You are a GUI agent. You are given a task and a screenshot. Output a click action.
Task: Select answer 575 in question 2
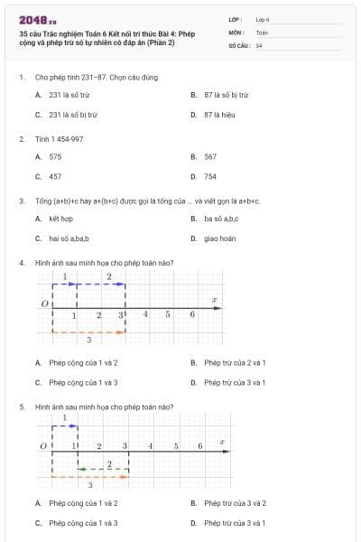coord(55,156)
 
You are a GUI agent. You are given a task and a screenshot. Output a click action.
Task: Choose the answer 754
coord(209,177)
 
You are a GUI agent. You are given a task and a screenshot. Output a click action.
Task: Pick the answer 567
coord(209,156)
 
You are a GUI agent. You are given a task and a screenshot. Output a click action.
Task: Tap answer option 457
coord(55,177)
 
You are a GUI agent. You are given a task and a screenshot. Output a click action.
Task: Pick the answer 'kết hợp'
coord(60,219)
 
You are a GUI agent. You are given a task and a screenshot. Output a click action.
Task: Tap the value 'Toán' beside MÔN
coord(262,32)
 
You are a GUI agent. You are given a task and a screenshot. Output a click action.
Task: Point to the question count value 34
coord(259,44)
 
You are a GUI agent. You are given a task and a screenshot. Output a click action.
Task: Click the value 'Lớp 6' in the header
coord(263,18)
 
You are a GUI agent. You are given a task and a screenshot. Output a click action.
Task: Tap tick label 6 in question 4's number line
coord(192,314)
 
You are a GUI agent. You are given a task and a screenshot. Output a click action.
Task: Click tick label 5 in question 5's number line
coord(175,446)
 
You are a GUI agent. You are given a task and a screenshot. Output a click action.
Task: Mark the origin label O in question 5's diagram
coord(42,446)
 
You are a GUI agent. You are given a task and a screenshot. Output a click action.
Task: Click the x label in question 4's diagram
coord(214,299)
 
